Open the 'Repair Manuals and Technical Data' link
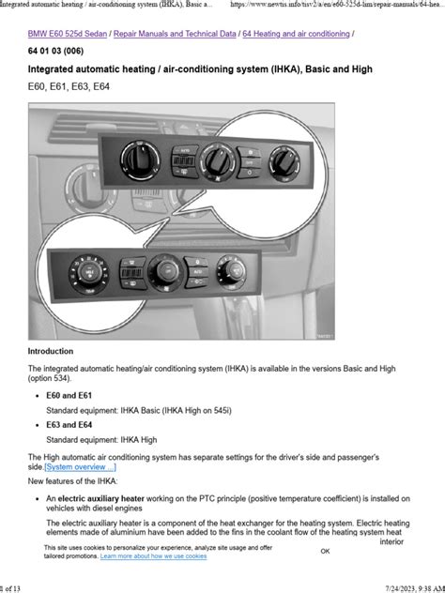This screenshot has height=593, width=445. coord(176,34)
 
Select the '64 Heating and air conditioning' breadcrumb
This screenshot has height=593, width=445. coord(296,34)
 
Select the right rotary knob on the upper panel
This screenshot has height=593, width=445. coord(281,160)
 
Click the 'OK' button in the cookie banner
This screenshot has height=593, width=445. coord(325,552)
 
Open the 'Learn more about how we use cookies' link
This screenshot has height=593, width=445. coord(153,556)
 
